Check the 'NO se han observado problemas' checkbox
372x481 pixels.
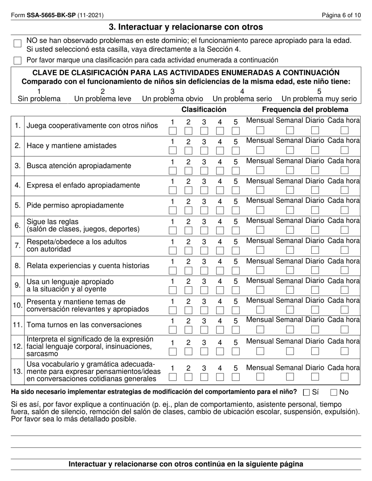17,43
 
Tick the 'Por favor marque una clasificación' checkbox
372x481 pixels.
17,60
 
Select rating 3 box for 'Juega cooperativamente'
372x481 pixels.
204,130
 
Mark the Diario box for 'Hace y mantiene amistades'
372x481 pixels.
315,150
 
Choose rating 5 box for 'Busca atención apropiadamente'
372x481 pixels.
235,170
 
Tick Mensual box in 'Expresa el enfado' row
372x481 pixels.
260,190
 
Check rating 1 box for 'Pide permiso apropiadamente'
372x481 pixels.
172,210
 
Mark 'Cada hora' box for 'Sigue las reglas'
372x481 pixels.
344,230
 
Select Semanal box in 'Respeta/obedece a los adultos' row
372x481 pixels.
290,250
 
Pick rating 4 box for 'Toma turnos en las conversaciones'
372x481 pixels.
220,330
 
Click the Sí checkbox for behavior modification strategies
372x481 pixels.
307,392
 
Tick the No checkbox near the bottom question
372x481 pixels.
334,392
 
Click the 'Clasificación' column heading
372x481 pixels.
204,109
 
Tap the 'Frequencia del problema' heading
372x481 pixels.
305,109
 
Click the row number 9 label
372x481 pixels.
18,285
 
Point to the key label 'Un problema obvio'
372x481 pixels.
172,99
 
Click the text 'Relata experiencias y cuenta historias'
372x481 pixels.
88,266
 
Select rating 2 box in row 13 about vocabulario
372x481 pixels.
188,377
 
